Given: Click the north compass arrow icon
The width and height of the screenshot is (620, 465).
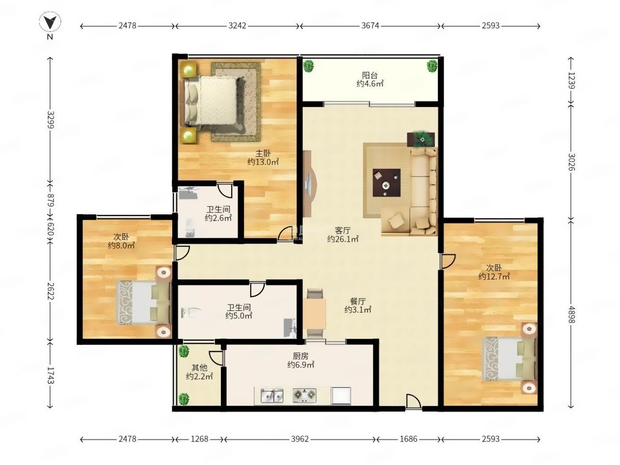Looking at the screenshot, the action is pos(50,22).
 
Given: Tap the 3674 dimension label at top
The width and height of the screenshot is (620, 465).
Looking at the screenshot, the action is pos(370,26).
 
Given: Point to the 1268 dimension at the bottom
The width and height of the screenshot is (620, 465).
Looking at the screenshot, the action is pos(199,439).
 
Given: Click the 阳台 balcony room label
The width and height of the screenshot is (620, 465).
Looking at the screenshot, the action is pos(370,75).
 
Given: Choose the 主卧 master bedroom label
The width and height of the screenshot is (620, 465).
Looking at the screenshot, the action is pos(263,153).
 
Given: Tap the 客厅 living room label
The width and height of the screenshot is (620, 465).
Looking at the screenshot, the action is pos(343,230).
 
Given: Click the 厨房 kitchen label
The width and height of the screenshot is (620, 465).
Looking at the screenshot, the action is pos(301,356).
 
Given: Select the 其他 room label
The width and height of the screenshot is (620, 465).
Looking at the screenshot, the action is pos(199,368).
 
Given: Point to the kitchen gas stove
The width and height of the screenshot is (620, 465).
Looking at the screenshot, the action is pos(304,395).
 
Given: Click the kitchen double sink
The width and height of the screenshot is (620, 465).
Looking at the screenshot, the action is pos(272,395).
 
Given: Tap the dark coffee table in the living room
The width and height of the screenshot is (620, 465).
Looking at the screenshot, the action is pos(386,182).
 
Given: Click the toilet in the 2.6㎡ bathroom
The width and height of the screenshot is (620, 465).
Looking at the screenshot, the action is pos(190,227).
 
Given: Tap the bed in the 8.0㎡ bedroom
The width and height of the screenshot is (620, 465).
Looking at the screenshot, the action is pos(144,302).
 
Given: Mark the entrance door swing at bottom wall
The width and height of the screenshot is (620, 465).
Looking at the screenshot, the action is pos(414,401).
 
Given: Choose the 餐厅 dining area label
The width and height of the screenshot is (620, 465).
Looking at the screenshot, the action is pos(357,301).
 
